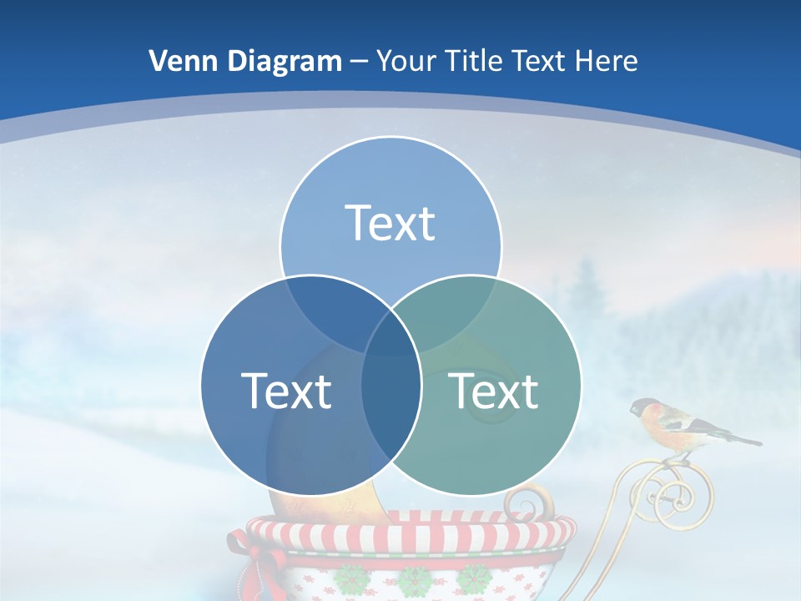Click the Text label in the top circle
pyautogui.click(x=390, y=223)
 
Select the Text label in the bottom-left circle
pyautogui.click(x=286, y=391)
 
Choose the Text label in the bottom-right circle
pyautogui.click(x=494, y=391)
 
